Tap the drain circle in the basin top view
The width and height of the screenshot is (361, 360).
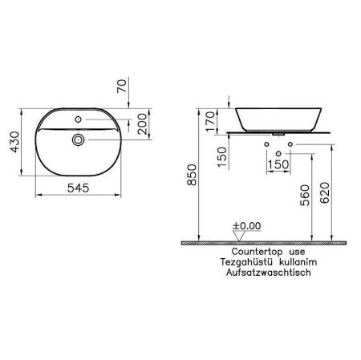(x=79, y=140)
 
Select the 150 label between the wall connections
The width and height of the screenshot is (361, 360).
(x=275, y=164)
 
